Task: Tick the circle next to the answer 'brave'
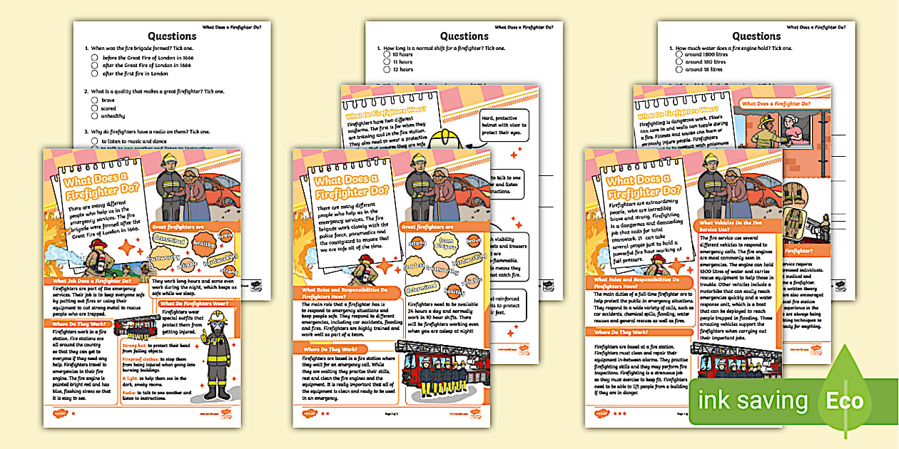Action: point(94,100)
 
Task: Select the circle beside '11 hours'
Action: point(387,62)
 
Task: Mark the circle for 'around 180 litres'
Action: point(679,62)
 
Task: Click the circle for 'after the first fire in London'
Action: point(94,73)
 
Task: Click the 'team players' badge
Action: point(445,242)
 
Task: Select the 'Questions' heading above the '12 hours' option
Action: point(464,36)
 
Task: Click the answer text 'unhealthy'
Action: point(115,116)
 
